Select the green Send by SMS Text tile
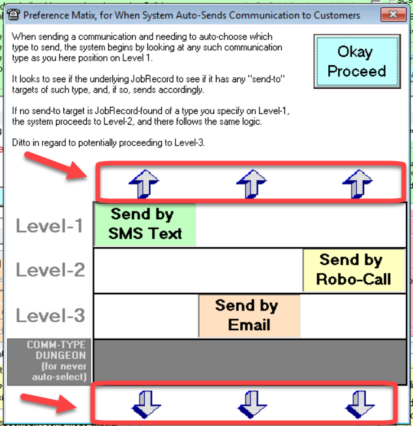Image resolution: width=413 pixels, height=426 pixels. coord(145,224)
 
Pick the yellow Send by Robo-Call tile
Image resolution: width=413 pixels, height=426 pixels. coord(354,270)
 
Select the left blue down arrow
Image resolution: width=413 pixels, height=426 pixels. coord(144,404)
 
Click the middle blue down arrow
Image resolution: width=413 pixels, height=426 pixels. coord(251,404)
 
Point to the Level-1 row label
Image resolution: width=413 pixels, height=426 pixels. coord(50,226)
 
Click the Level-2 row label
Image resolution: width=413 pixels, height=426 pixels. coord(50,269)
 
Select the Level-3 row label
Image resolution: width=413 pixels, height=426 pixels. coord(50,316)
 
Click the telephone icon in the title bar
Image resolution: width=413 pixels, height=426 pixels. coord(13,14)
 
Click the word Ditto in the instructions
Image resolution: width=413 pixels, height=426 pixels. coord(23,142)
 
